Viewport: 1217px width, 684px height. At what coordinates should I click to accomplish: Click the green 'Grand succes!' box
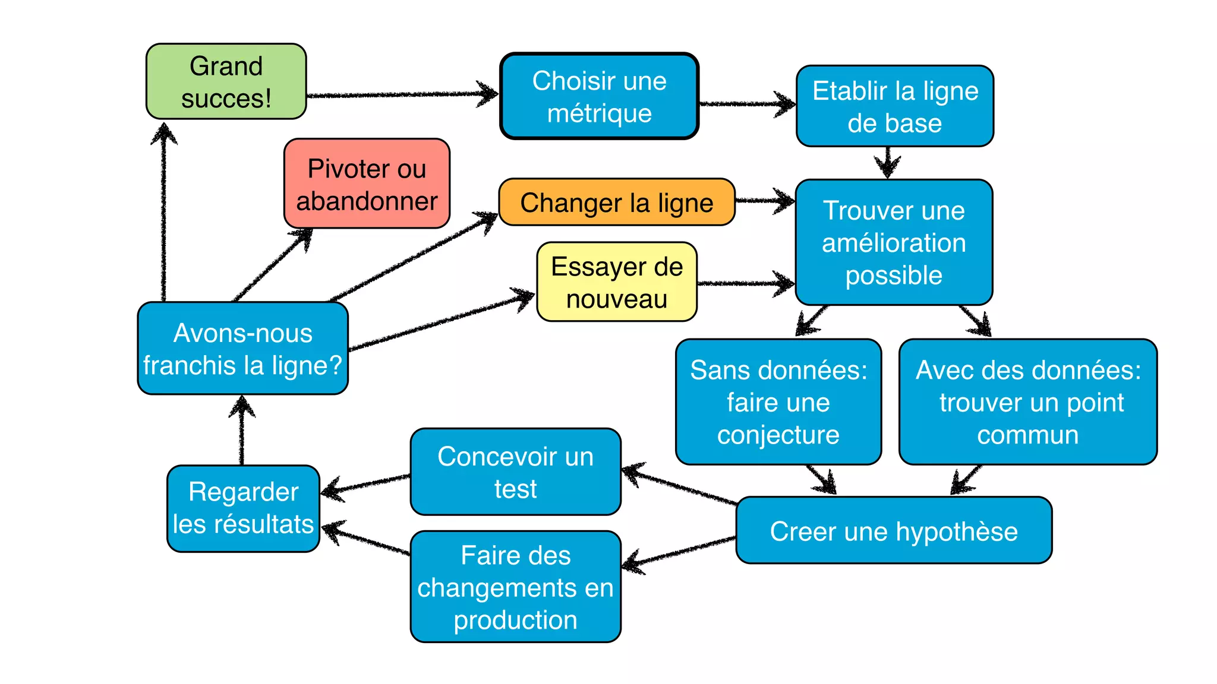click(226, 81)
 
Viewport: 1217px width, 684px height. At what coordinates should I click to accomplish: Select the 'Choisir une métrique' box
click(599, 96)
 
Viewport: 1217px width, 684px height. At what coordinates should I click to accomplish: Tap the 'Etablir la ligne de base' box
click(894, 106)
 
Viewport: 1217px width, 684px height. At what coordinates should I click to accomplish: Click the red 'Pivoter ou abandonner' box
click(367, 184)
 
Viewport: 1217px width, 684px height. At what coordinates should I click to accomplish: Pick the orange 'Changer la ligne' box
click(616, 202)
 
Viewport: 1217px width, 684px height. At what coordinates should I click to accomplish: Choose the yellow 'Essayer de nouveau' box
click(616, 282)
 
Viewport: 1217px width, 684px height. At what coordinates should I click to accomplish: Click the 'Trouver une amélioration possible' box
click(894, 242)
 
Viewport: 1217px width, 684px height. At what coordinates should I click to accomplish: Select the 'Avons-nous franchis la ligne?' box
click(242, 349)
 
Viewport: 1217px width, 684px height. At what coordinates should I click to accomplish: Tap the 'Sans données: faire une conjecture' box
click(778, 402)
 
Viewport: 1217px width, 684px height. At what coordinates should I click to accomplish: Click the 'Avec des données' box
click(1027, 402)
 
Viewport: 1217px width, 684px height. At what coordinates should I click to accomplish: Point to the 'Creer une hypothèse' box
click(894, 531)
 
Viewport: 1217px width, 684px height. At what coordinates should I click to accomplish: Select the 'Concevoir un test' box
click(515, 472)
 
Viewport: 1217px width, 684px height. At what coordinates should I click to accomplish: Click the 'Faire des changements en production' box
click(515, 587)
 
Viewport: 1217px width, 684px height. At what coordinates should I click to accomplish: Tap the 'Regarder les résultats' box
click(243, 508)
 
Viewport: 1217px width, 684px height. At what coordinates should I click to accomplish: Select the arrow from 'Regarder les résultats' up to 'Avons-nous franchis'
click(242, 430)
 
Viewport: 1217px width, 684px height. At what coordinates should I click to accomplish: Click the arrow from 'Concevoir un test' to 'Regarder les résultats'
click(366, 484)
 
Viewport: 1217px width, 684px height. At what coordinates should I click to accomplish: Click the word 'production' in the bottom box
click(515, 620)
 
